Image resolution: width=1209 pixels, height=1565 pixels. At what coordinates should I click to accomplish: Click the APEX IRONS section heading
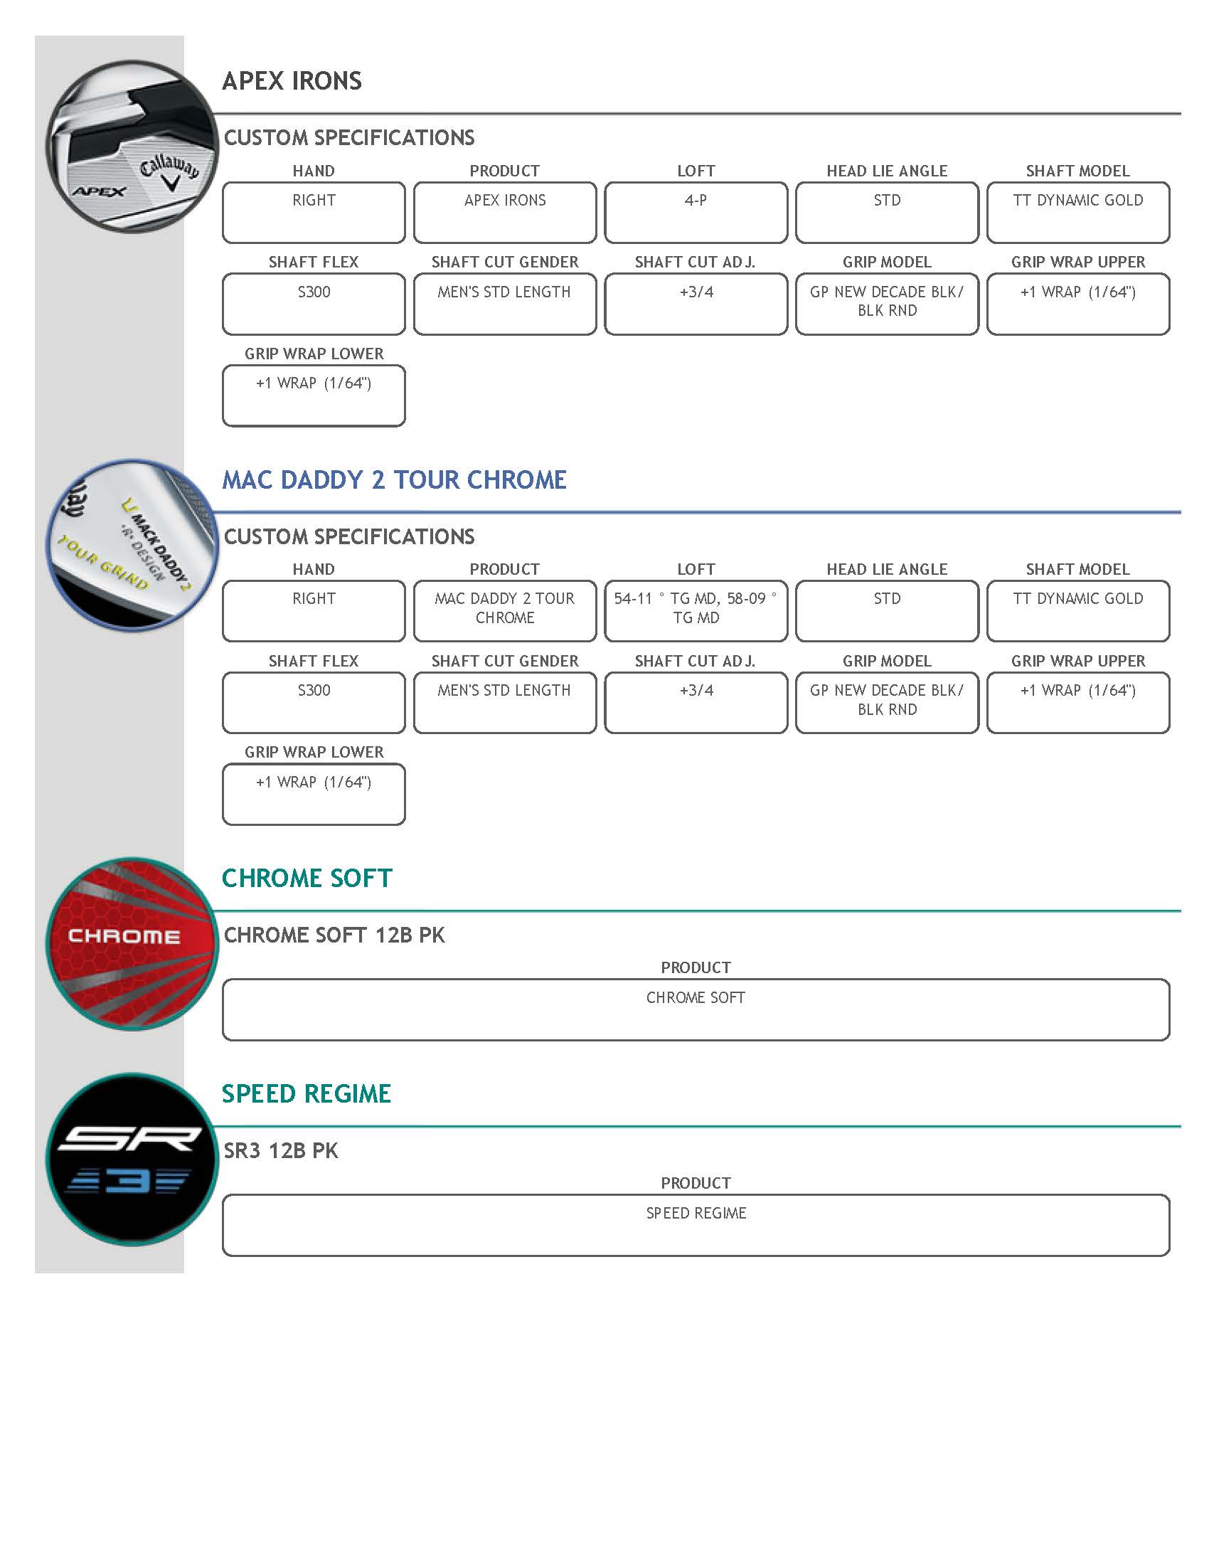tap(292, 81)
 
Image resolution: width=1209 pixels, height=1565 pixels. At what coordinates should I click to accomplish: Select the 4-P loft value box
tap(696, 212)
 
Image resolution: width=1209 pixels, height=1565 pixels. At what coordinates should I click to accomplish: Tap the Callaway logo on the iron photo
tap(169, 173)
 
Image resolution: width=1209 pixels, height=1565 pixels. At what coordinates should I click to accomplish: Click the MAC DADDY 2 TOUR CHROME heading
tap(394, 479)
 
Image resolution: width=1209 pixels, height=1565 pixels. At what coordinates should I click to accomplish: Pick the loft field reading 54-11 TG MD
tap(696, 610)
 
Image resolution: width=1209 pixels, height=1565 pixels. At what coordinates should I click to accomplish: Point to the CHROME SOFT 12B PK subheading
tap(334, 935)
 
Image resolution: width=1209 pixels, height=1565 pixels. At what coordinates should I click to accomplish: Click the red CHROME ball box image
tap(131, 943)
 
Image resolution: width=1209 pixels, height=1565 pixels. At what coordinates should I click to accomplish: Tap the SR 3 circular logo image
tap(131, 1159)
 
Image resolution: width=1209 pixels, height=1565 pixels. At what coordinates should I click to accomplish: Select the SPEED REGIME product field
tap(696, 1225)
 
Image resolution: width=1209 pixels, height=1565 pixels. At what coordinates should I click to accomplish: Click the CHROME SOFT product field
tap(696, 1009)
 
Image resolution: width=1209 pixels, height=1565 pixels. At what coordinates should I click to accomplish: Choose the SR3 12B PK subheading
tap(281, 1151)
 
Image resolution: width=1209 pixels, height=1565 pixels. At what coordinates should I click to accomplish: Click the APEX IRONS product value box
tap(504, 212)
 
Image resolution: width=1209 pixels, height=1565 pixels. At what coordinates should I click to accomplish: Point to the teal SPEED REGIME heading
tap(306, 1093)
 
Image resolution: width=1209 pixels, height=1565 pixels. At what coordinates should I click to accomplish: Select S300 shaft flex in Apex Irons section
tap(314, 303)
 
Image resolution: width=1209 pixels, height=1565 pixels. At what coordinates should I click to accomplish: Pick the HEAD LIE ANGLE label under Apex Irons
tap(887, 171)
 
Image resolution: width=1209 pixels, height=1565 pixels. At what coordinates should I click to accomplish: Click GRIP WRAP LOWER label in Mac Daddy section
tap(314, 752)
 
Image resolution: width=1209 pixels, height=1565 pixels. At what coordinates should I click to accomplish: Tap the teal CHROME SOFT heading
tap(307, 878)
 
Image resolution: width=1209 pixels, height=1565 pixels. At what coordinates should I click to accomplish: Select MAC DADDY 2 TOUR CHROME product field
tap(504, 610)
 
